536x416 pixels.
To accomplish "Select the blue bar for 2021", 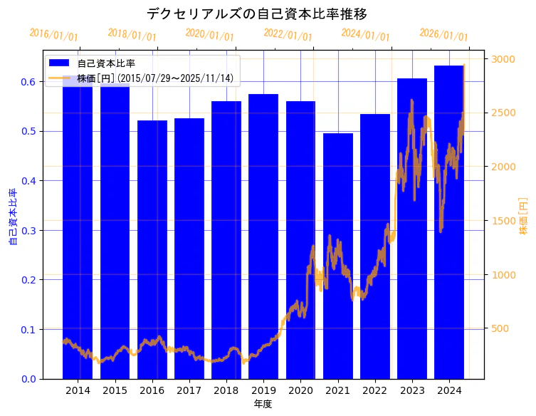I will click(338, 256).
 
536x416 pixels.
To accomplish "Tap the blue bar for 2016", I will click(152, 249).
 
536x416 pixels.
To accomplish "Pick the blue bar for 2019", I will click(263, 235).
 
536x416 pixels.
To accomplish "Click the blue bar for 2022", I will click(375, 246).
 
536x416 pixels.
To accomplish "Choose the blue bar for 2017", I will click(189, 249).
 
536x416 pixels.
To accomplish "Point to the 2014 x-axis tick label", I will click(78, 390).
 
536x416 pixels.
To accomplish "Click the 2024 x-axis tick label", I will click(449, 390).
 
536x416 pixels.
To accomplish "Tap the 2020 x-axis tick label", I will click(300, 390).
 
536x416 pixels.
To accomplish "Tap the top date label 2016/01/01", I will click(53, 34).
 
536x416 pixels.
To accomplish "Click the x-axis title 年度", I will click(263, 404).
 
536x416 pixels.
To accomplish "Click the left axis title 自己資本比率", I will click(12, 217).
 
